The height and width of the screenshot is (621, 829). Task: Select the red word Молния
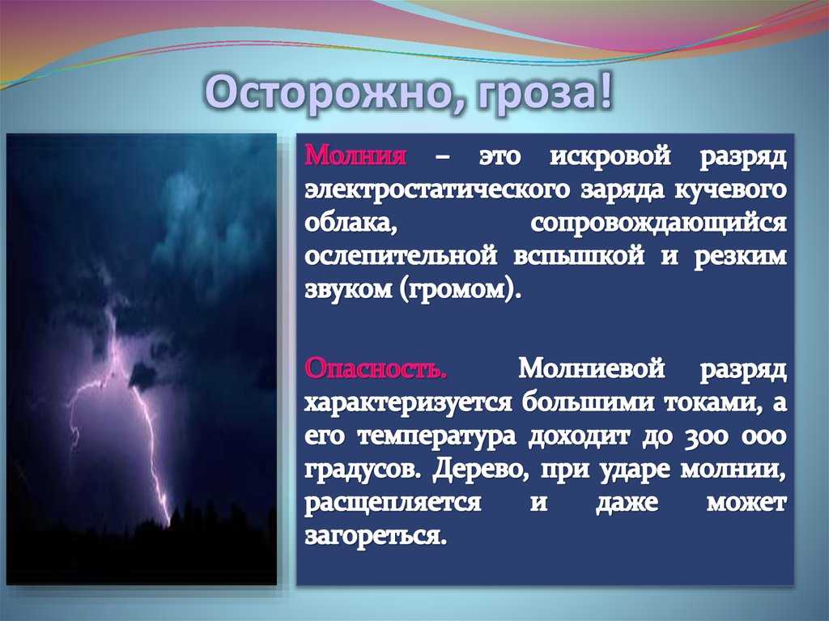(356, 156)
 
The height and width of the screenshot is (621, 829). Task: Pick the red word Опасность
(376, 368)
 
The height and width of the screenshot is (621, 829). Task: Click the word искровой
(610, 157)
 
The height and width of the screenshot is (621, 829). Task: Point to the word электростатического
(436, 190)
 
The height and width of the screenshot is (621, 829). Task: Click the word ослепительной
(401, 257)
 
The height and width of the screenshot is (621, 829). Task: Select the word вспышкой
(579, 257)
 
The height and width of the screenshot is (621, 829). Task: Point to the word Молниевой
(591, 368)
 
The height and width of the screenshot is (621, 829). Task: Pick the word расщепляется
(393, 504)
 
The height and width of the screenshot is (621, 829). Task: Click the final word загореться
(376, 537)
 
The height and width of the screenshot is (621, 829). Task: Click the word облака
(351, 223)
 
